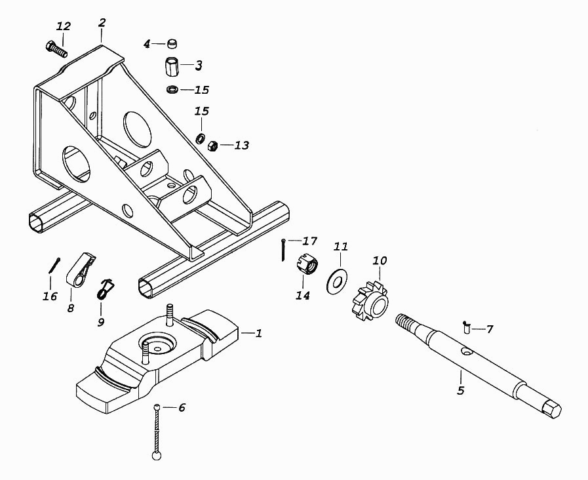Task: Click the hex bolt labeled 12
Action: coord(56,49)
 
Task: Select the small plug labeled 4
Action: coord(172,43)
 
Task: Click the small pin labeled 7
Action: coord(466,327)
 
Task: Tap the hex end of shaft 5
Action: coord(552,409)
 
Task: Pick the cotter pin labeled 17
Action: coord(283,250)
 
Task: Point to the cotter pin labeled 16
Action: coord(54,265)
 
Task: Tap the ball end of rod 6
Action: coord(157,456)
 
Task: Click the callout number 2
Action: coord(102,22)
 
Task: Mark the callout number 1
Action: coord(258,332)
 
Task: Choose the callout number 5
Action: coord(461,390)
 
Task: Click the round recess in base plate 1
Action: coord(157,342)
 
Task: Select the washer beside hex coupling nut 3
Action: coord(172,90)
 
